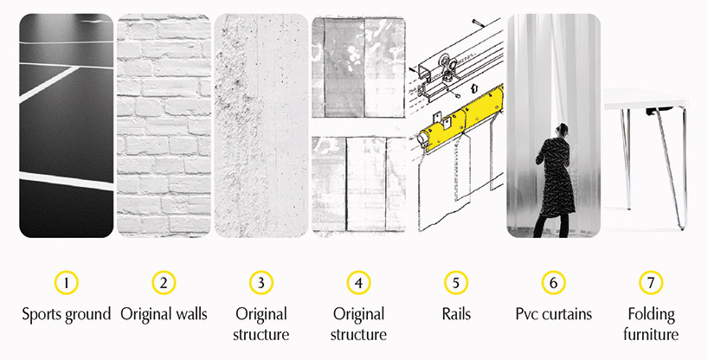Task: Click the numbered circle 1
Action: click(67, 283)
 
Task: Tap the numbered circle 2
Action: click(164, 283)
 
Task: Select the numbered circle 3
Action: click(261, 283)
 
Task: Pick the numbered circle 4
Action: click(358, 283)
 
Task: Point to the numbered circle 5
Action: click(455, 283)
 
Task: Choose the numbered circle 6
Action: click(553, 283)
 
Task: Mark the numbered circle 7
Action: click(651, 283)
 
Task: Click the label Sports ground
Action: click(67, 315)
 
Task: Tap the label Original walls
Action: click(164, 314)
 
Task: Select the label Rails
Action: click(456, 314)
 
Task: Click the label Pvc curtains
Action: click(554, 314)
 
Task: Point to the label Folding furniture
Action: click(651, 325)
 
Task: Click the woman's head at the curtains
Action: click(563, 130)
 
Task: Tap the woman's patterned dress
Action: click(556, 177)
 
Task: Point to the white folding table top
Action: click(646, 99)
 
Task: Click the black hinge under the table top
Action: click(654, 111)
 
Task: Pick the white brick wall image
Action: click(164, 125)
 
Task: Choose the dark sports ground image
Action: click(67, 125)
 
